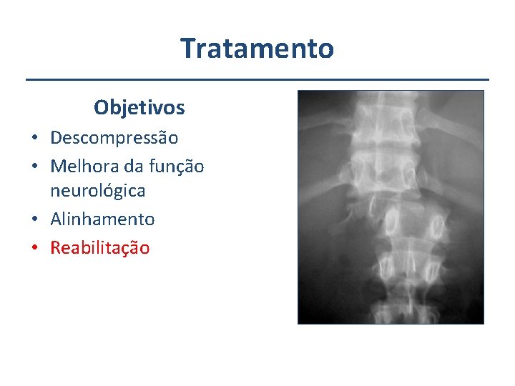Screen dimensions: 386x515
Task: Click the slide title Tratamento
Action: pyautogui.click(x=257, y=49)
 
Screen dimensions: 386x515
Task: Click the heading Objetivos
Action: pyautogui.click(x=139, y=108)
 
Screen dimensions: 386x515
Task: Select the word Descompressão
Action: pyautogui.click(x=114, y=137)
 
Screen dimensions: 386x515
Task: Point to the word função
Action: pyautogui.click(x=175, y=167)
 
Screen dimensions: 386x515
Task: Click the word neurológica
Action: pyautogui.click(x=97, y=191)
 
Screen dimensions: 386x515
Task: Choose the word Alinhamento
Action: pyautogui.click(x=102, y=219)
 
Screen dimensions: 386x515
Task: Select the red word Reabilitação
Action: pyautogui.click(x=99, y=248)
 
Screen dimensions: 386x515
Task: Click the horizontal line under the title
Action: pyautogui.click(x=257, y=79)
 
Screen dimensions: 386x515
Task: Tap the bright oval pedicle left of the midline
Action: pyautogui.click(x=392, y=223)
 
